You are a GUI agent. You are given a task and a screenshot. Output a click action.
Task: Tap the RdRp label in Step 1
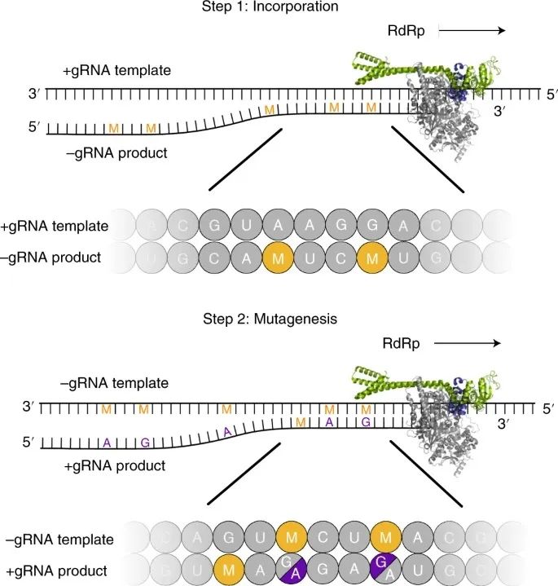tap(407, 30)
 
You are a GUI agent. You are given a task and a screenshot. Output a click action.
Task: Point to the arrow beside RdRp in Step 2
tap(467, 343)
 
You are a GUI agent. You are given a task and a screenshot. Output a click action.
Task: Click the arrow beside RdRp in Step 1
tap(472, 31)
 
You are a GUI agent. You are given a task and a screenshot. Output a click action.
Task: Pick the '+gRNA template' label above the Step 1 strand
tap(116, 71)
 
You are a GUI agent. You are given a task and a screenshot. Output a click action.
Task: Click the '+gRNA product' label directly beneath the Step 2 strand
tap(119, 466)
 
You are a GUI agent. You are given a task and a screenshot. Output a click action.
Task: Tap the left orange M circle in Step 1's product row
tap(279, 258)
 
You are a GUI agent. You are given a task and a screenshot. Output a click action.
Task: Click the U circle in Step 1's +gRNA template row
tap(245, 225)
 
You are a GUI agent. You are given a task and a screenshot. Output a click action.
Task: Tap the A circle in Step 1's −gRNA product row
tap(245, 258)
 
